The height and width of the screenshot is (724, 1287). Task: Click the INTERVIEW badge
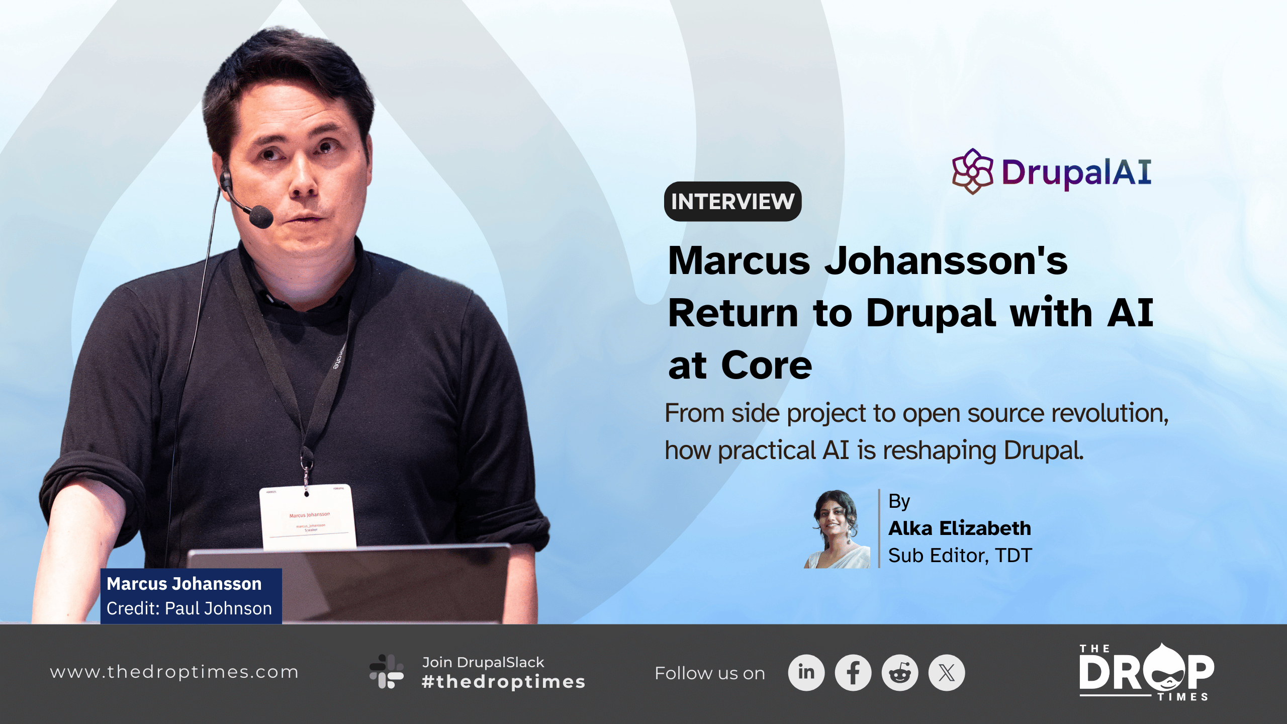732,202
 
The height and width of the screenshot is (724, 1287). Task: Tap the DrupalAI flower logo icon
972,171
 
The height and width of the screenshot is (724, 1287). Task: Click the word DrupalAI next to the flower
1076,172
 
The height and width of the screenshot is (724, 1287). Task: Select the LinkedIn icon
806,673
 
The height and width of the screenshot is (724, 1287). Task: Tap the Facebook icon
853,673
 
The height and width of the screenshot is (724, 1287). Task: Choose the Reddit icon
899,673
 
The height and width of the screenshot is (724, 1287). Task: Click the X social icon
946,673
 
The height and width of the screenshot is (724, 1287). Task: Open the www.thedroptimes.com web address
174,672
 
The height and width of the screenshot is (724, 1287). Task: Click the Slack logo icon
386,672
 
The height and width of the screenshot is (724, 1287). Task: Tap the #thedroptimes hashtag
503,682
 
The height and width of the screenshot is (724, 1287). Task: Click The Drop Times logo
1146,672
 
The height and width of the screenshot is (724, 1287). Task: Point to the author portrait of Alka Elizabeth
837,529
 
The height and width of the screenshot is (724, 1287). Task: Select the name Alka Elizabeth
959,528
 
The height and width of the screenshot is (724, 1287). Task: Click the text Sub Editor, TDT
960,556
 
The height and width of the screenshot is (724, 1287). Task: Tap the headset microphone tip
261,216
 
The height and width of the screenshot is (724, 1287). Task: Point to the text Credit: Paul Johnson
189,609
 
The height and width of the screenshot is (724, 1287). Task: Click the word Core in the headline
766,366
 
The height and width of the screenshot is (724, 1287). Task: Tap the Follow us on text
709,673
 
